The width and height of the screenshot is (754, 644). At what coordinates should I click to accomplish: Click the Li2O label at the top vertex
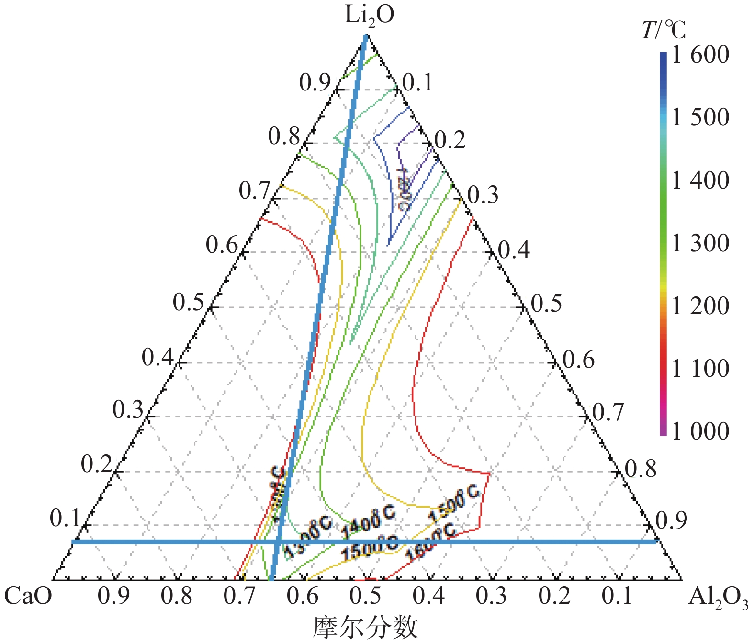(x=369, y=15)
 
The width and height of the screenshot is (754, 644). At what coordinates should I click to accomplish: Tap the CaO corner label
(x=28, y=597)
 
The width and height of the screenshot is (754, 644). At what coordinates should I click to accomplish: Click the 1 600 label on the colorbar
(x=700, y=55)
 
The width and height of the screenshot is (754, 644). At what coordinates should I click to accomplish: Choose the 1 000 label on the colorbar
(x=700, y=431)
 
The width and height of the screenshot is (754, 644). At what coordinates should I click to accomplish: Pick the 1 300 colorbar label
(x=700, y=243)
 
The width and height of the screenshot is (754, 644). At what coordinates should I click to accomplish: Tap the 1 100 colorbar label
(x=700, y=369)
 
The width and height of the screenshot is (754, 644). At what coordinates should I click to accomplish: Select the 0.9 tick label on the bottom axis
(x=113, y=597)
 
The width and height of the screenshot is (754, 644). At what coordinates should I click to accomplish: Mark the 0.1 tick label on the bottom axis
(x=617, y=597)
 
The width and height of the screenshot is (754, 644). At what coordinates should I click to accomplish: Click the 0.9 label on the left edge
(x=315, y=83)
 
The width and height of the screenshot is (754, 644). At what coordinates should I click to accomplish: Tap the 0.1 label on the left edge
(x=65, y=519)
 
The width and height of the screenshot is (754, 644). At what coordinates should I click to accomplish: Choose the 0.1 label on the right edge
(x=417, y=83)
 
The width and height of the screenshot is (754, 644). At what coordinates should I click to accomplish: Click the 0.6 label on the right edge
(x=578, y=360)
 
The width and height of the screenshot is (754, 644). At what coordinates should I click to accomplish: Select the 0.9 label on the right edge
(x=671, y=520)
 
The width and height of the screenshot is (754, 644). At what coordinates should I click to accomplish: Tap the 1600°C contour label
(x=430, y=542)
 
